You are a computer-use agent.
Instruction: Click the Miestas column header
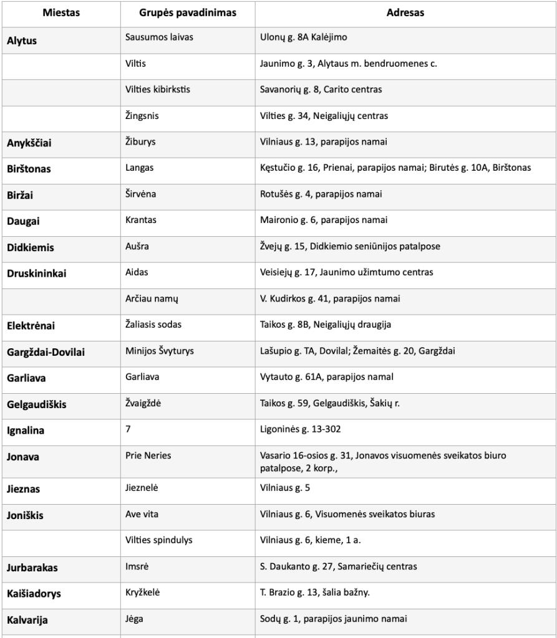pos(61,12)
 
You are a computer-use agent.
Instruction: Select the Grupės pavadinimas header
pos(187,12)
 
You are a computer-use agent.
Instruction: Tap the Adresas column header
pos(405,12)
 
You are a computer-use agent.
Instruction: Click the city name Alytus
pos(22,40)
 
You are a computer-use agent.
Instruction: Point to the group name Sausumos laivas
pos(159,37)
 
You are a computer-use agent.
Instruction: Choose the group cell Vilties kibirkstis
pos(158,89)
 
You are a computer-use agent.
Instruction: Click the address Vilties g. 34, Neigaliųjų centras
pos(324,115)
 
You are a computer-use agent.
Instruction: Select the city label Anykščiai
pos(29,143)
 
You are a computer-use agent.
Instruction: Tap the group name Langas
pos(139,168)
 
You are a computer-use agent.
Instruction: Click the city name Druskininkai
pos(36,274)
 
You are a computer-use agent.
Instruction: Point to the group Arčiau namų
pos(152,298)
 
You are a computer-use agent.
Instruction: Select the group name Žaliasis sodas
pos(153,325)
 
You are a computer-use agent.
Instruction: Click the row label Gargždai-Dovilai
pos(46,353)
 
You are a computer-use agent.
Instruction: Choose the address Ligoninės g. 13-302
pos(301,429)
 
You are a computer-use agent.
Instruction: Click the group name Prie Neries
pos(148,455)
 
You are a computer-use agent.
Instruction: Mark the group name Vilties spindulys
pos(157,540)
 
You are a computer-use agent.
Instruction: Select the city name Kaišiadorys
pos(34,594)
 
